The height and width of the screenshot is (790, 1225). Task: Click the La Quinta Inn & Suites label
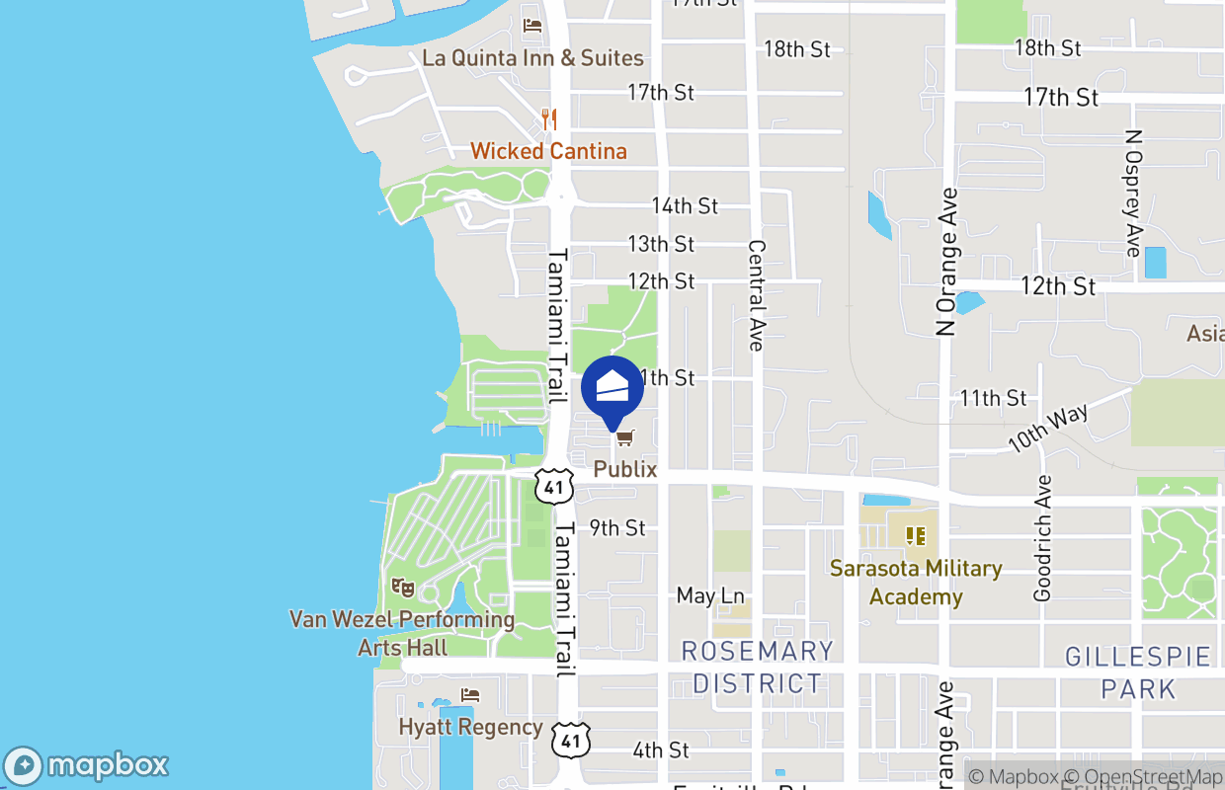[532, 58]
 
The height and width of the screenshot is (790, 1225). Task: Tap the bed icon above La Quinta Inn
[532, 25]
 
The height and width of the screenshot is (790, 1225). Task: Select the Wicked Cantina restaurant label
[548, 151]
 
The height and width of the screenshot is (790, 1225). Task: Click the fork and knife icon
[549, 119]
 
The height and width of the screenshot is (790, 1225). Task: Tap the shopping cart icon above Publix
[623, 437]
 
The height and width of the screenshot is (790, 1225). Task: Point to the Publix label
[625, 469]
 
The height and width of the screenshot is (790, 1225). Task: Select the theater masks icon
[403, 589]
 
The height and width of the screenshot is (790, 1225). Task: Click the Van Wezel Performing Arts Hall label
[402, 634]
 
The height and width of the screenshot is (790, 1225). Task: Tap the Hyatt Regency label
[470, 727]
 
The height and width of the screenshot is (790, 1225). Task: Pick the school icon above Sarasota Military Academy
[916, 536]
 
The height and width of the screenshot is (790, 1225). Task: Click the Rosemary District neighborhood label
[758, 667]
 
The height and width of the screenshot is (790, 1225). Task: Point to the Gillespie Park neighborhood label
[1138, 672]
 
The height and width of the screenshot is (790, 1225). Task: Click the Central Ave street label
[757, 294]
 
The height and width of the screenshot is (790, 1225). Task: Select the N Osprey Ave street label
[1133, 193]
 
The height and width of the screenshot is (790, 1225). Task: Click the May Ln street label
[710, 595]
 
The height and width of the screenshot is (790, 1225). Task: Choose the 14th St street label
[685, 205]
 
